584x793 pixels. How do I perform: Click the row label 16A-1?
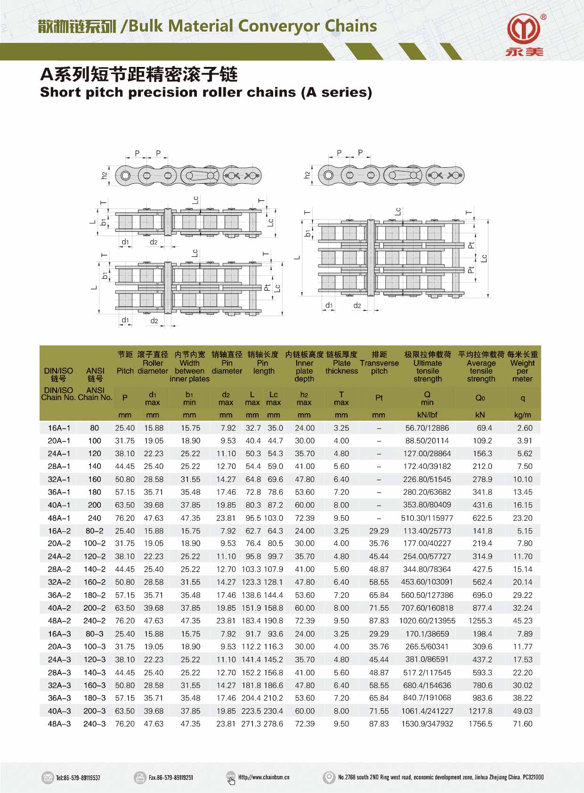(x=59, y=428)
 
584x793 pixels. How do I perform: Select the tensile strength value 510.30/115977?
(x=427, y=518)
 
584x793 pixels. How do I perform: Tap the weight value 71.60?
(x=522, y=724)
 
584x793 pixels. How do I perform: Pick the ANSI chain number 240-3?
(x=94, y=724)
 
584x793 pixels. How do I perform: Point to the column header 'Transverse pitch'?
(x=379, y=367)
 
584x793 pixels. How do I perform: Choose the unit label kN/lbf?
(x=427, y=415)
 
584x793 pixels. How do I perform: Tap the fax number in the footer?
(x=170, y=777)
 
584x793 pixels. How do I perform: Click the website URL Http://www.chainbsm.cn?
(x=264, y=777)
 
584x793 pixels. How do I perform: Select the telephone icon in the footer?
(x=48, y=777)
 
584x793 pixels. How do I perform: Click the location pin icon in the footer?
(x=328, y=777)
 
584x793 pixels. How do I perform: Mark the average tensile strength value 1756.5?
(x=480, y=724)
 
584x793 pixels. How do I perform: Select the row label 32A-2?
(x=59, y=582)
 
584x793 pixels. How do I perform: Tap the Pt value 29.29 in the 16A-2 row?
(x=379, y=531)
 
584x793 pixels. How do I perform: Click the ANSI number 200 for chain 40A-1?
(x=94, y=505)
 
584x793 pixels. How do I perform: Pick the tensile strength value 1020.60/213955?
(x=427, y=621)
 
